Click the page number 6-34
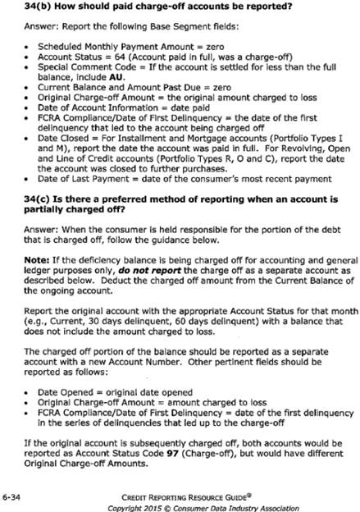(14, 496)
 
